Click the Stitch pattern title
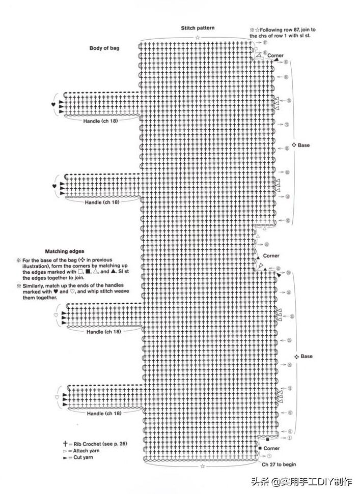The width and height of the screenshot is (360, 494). click(x=198, y=28)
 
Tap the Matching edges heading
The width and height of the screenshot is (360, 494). click(x=65, y=251)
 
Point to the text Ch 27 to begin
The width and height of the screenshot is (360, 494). click(x=279, y=464)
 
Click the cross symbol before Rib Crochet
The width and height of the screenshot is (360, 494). click(x=65, y=444)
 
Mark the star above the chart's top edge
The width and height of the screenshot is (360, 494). click(x=198, y=38)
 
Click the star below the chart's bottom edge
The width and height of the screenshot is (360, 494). click(x=203, y=466)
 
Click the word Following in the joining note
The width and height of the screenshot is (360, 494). click(x=270, y=30)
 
